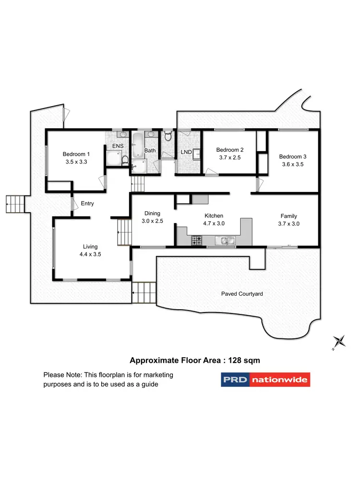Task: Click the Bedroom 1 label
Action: [76, 154]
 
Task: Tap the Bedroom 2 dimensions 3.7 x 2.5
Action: [229, 157]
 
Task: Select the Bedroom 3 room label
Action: [292, 156]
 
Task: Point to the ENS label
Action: [117, 146]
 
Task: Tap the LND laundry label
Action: [186, 153]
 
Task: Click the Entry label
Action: [87, 204]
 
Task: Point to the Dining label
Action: [152, 214]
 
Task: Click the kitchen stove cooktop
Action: [197, 240]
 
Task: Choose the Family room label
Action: [288, 216]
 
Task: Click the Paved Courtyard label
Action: [242, 294]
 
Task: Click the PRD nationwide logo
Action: [265, 380]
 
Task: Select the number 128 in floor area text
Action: [232, 360]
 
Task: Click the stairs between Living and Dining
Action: [124, 232]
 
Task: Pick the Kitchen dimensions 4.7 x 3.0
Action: [214, 223]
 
